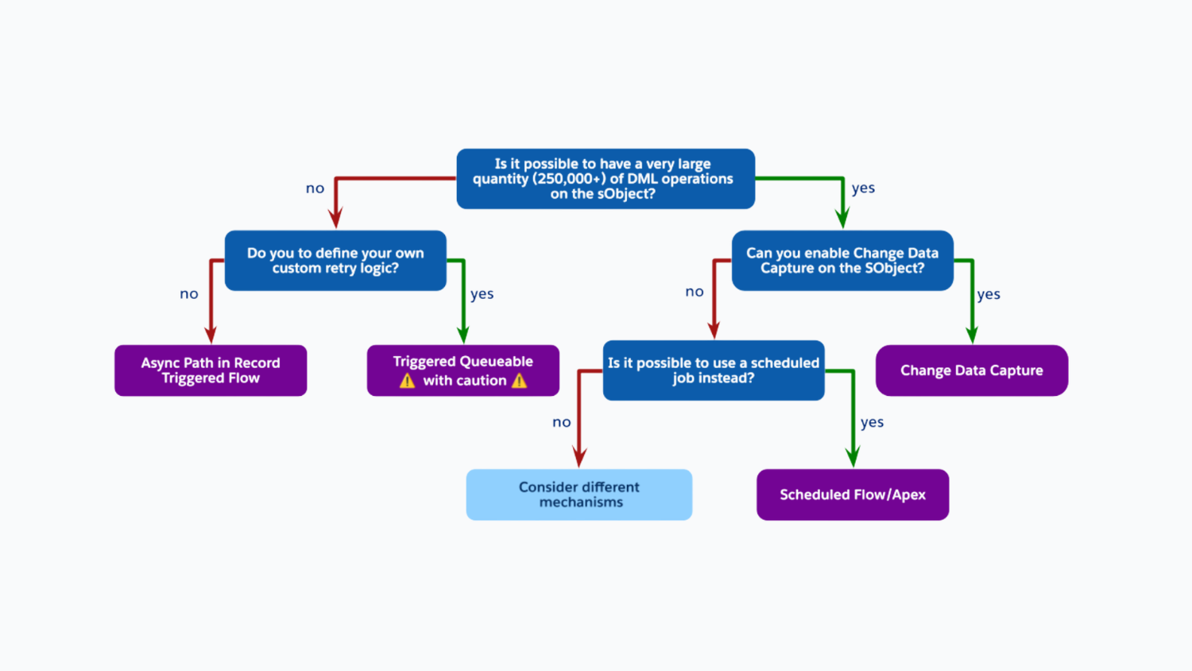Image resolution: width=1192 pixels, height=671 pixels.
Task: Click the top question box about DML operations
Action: click(606, 179)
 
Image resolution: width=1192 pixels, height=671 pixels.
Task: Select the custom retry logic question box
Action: click(335, 261)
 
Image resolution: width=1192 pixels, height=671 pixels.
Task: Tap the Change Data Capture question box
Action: click(842, 261)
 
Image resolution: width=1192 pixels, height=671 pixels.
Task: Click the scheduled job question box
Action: click(714, 370)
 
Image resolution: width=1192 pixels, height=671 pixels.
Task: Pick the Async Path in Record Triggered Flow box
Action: click(211, 370)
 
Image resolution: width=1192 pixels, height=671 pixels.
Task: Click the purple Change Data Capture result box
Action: click(972, 370)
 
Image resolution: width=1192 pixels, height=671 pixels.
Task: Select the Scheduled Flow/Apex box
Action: click(853, 495)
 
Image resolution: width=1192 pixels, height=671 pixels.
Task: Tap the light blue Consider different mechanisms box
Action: click(579, 495)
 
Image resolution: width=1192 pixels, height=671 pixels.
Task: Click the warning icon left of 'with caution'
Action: click(408, 381)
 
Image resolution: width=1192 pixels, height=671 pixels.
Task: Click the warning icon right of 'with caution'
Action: click(520, 381)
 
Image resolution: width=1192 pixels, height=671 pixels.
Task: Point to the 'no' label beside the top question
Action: click(315, 188)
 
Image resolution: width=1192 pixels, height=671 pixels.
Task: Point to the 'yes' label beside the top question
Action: click(863, 188)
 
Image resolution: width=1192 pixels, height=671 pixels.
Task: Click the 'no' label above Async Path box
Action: click(189, 294)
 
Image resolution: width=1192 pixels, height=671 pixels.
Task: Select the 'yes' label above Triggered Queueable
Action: click(482, 294)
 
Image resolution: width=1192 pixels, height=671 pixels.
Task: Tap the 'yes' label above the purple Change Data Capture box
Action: click(989, 295)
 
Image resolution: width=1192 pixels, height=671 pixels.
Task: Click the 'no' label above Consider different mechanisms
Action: click(562, 423)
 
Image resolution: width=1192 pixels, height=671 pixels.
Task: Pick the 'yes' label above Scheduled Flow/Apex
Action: click(872, 423)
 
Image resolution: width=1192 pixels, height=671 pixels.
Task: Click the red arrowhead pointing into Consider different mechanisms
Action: click(580, 458)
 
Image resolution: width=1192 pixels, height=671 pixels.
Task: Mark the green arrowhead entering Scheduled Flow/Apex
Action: click(853, 458)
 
